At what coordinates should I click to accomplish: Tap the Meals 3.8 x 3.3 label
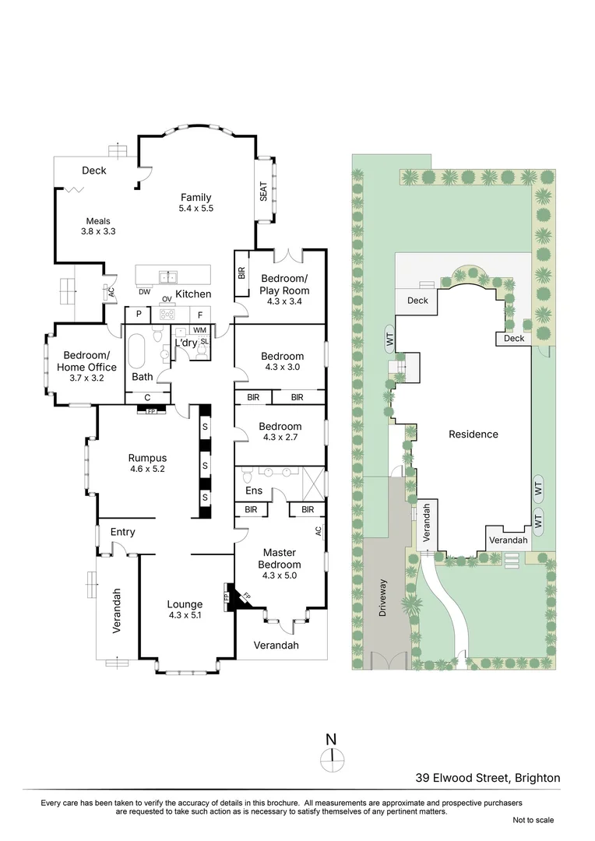point(98,226)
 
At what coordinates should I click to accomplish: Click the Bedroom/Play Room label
point(284,284)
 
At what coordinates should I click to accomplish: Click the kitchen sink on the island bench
point(167,276)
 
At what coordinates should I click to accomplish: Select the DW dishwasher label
point(145,292)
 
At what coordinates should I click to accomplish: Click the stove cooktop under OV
point(167,314)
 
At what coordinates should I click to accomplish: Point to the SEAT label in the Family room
point(263,191)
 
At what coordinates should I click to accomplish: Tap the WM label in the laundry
point(199,330)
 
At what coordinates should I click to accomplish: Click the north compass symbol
point(332,755)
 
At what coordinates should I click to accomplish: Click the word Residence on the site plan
point(473,435)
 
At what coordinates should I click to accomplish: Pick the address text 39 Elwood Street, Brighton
point(488,777)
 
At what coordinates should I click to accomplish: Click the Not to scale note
point(533,820)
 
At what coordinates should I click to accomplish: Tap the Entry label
point(123,532)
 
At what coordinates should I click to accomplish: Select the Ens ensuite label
point(254,491)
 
